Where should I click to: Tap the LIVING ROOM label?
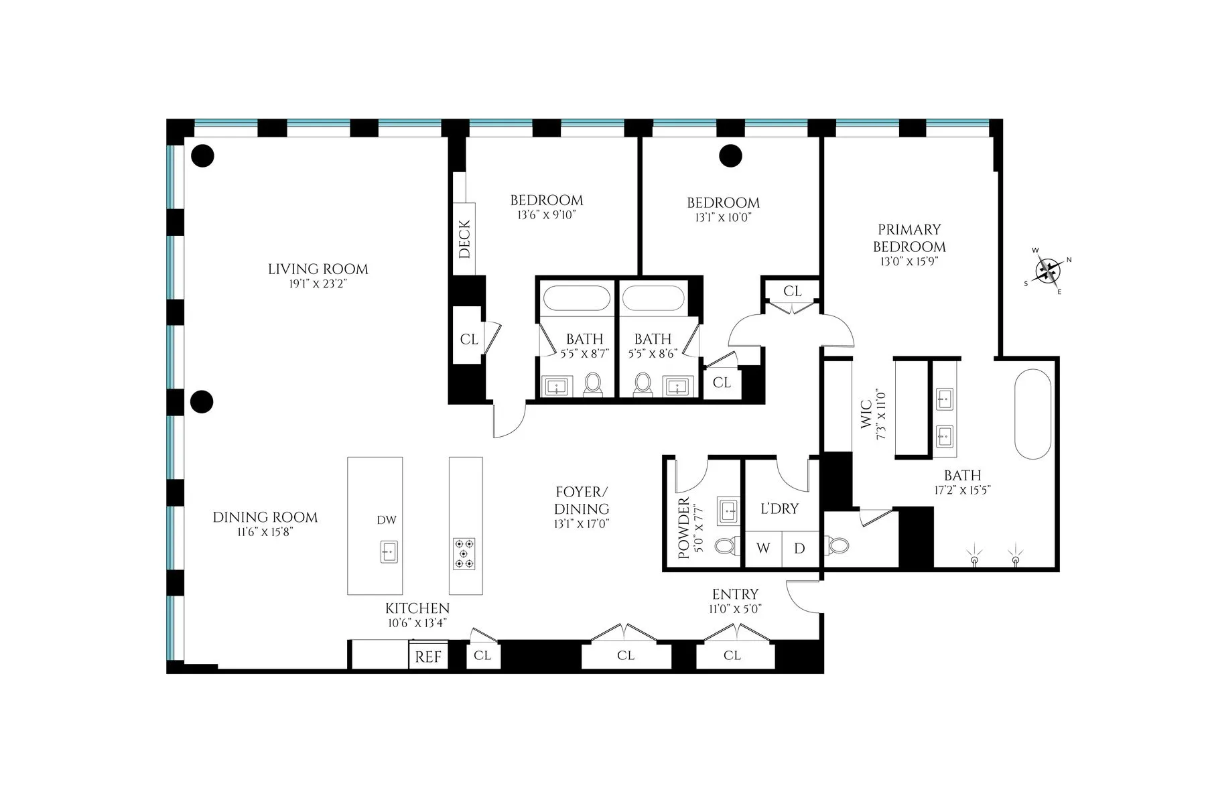coord(318,269)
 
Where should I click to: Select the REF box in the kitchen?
coord(428,657)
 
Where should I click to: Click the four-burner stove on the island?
coord(464,553)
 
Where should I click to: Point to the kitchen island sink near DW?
coord(389,551)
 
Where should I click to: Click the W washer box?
coord(762,549)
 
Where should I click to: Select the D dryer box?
coord(799,549)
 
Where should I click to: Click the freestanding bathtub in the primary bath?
coord(1034,413)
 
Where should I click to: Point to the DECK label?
coord(464,239)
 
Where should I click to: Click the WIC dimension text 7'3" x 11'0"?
coord(882,416)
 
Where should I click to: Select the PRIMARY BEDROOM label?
coord(909,238)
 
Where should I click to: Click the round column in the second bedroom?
coord(730,155)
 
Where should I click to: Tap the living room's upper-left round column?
coord(202,155)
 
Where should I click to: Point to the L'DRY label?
coord(779,509)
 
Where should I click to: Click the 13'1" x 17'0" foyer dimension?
coord(582,524)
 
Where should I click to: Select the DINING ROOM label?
coord(265,517)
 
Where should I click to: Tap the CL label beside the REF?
coord(482,655)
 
